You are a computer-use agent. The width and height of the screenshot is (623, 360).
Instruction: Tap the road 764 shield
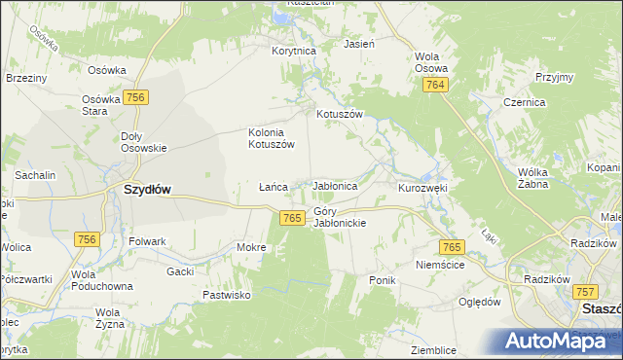pyautogui.click(x=435, y=88)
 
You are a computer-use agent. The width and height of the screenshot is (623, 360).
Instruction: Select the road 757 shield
pyautogui.click(x=584, y=291)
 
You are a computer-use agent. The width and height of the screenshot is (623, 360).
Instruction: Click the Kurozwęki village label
pyautogui.click(x=421, y=186)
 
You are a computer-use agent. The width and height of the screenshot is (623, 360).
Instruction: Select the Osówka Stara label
pyautogui.click(x=100, y=104)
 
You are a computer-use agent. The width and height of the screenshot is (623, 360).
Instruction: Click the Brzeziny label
pyautogui.click(x=26, y=77)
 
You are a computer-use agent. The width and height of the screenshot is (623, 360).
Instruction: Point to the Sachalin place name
pyautogui.click(x=35, y=174)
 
